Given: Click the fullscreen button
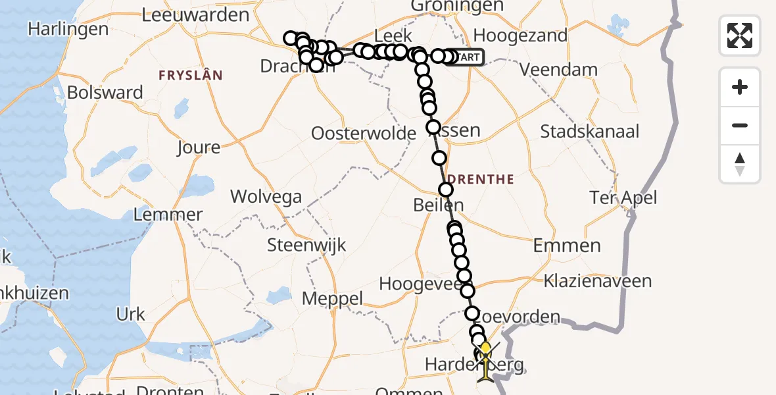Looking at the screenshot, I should [740, 36].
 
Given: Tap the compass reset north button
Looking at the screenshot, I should [740, 164].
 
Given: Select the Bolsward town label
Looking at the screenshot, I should [105, 92].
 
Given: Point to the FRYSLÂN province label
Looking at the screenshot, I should [191, 76].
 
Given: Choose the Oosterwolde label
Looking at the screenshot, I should [364, 134].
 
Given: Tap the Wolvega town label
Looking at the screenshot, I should [266, 196].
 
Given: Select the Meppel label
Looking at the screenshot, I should [332, 298].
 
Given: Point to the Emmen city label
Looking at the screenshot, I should [567, 246].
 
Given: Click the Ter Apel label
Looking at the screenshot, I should [623, 197].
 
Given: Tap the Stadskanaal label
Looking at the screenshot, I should [589, 131].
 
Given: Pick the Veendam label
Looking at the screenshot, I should [559, 70].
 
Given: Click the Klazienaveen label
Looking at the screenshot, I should [597, 281].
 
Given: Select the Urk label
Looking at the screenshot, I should [130, 315].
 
